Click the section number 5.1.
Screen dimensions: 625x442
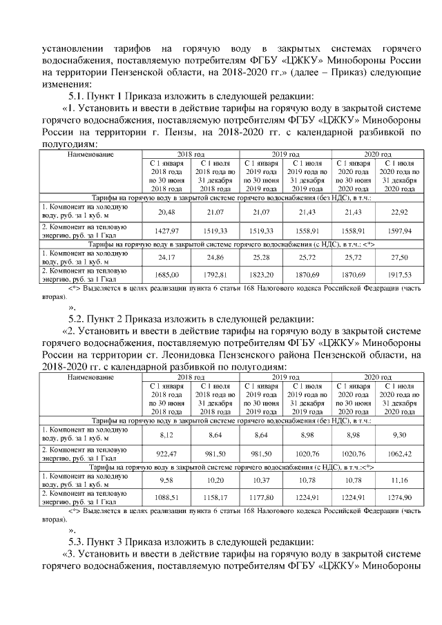point(77,96)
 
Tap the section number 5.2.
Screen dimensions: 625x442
point(77,318)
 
